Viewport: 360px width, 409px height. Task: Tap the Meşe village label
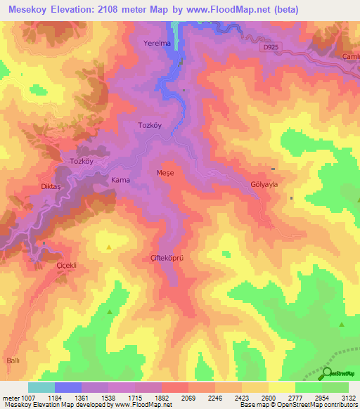pyautogui.click(x=165, y=172)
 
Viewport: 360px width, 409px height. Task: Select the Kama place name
pyautogui.click(x=120, y=181)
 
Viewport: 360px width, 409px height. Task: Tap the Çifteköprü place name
pyautogui.click(x=167, y=258)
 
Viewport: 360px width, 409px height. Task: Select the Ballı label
pyautogui.click(x=13, y=359)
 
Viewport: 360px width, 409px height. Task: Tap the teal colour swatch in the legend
pyautogui.click(x=41, y=388)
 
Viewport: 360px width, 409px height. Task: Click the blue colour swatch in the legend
pyautogui.click(x=67, y=388)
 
